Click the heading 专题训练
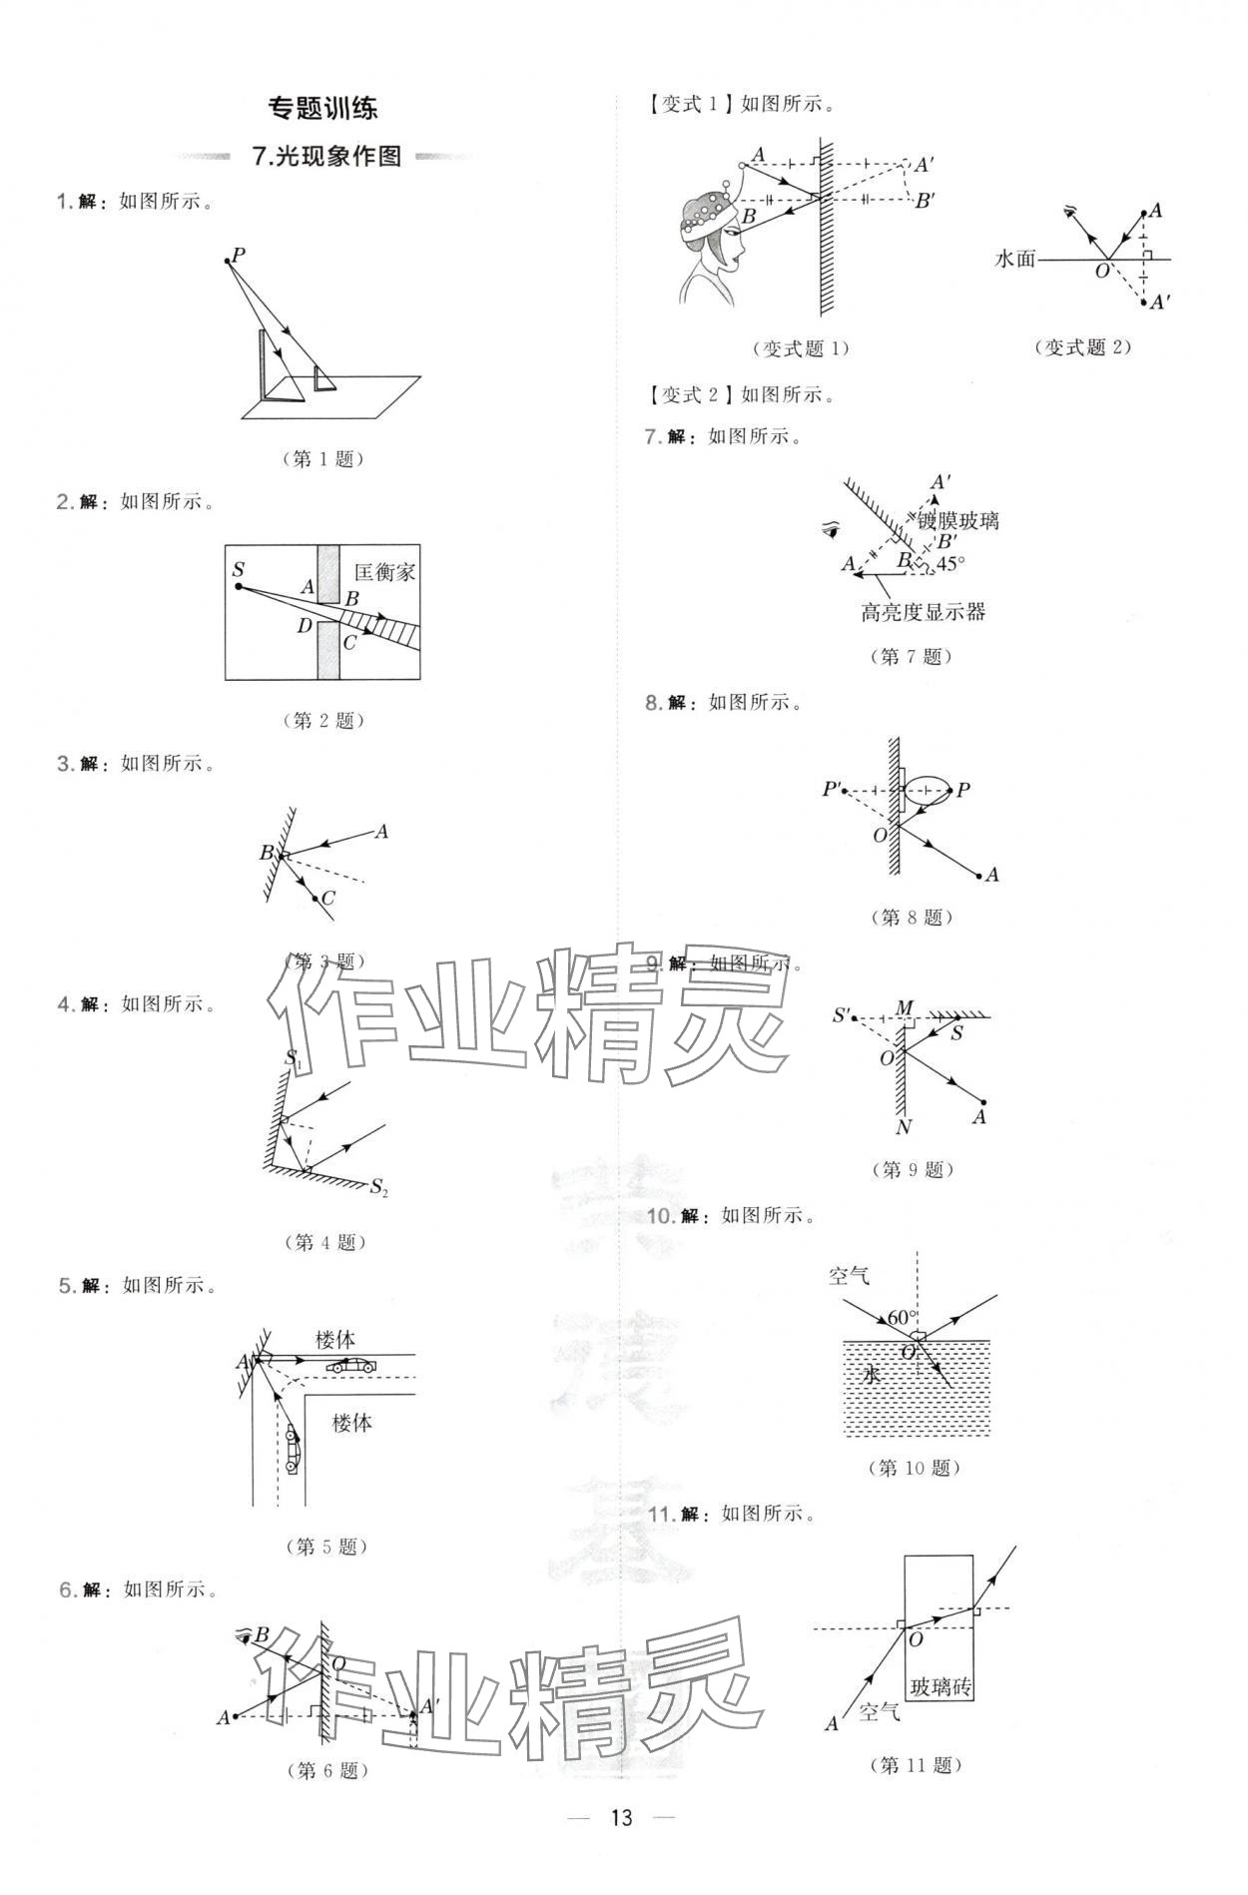click(x=324, y=108)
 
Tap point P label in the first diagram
click(x=239, y=254)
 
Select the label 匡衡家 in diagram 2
click(x=384, y=573)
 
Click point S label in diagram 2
click(x=238, y=570)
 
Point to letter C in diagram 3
click(x=328, y=898)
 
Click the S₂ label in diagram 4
click(x=378, y=1187)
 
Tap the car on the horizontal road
click(x=355, y=1366)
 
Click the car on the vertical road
click(x=291, y=1450)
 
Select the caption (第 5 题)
click(x=326, y=1547)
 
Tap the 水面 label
click(x=1015, y=259)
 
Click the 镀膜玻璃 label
click(x=958, y=520)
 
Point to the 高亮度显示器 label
click(x=923, y=612)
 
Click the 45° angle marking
click(x=949, y=563)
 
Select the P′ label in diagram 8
click(x=832, y=790)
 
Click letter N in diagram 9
click(x=904, y=1127)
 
